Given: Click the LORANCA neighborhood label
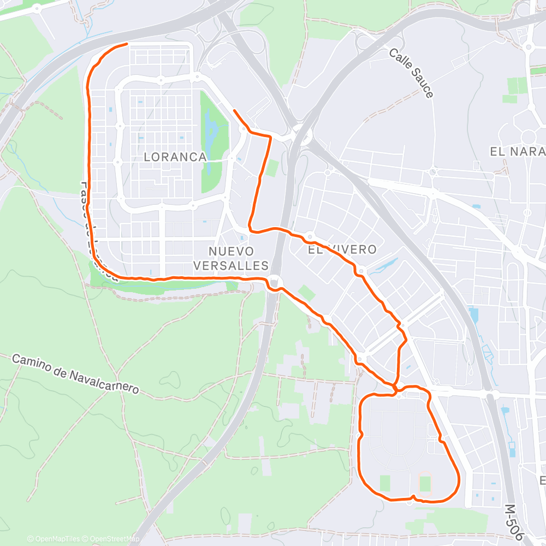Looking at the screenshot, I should coord(175,157).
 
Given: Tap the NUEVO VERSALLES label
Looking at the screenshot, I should coord(239,258).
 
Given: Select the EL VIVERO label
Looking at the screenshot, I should coord(342,250).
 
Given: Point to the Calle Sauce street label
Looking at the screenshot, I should coord(411,73).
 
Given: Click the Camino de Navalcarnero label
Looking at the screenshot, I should coord(75,375).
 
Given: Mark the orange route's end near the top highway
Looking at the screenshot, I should coord(127,44).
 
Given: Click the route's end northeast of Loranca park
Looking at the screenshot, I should coord(234,111).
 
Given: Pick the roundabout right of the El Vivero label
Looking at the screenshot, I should coord(361,270).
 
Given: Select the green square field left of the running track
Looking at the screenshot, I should coord(385,483).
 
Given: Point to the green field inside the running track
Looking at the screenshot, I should coord(425,484).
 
